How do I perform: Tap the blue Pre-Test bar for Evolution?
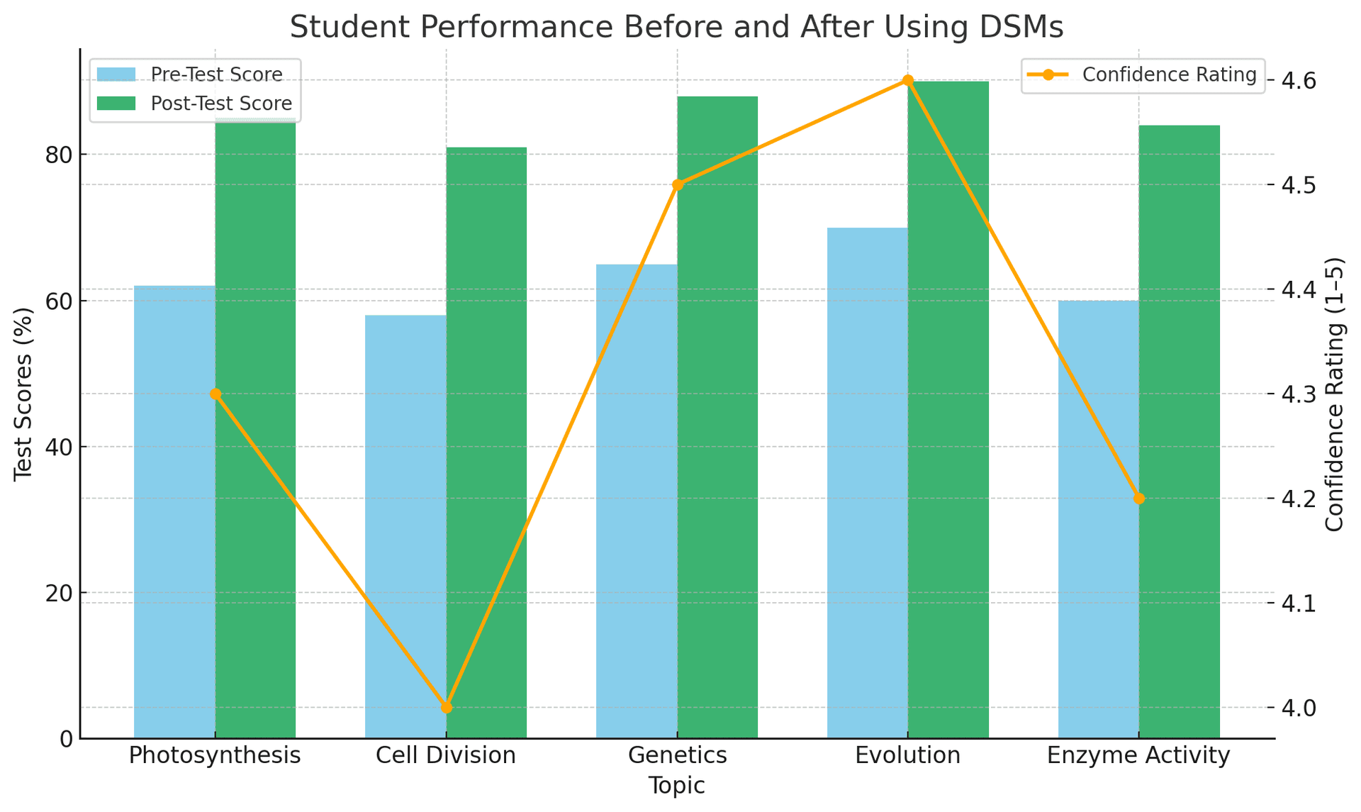(867, 482)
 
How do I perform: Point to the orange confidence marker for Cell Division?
(447, 707)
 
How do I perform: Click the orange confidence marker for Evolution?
(908, 80)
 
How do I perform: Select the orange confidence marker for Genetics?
(677, 185)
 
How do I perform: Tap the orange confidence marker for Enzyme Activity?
(1139, 499)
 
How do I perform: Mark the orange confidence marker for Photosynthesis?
(215, 394)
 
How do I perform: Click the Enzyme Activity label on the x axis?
(1138, 756)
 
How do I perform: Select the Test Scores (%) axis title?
(24, 394)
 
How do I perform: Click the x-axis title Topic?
(677, 786)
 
